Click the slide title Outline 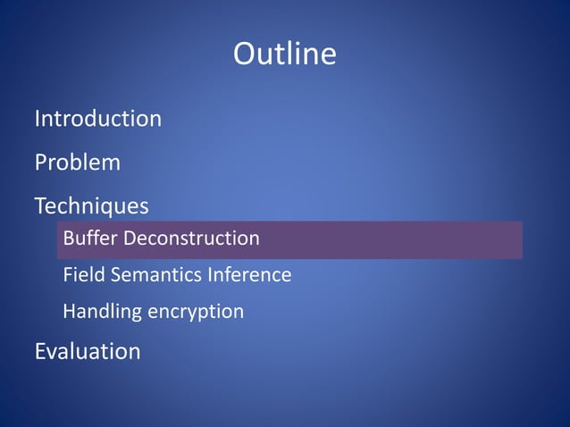point(285,54)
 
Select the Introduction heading point(97,118)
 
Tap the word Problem point(77,163)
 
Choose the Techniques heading point(91,206)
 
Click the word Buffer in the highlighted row point(90,239)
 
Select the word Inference point(249,275)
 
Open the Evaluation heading point(88,351)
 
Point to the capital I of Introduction point(38,118)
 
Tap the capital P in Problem point(41,163)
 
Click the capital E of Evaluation point(41,351)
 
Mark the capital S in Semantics point(114,275)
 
